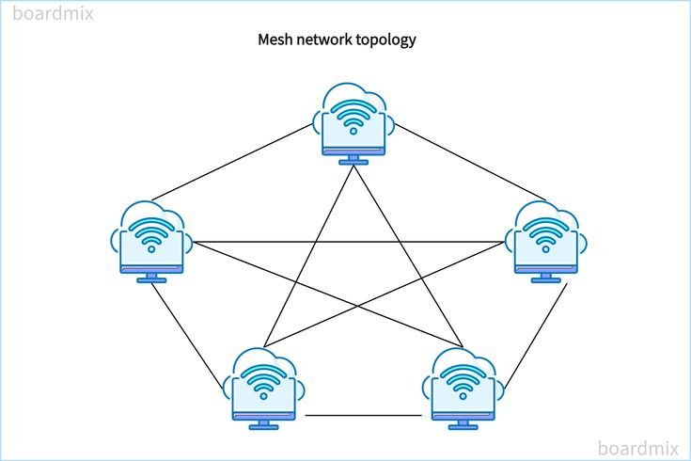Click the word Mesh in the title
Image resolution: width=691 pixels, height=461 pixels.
tap(274, 40)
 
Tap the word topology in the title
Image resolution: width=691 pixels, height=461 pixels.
tap(385, 40)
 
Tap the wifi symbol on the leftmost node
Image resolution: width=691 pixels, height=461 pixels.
tap(151, 238)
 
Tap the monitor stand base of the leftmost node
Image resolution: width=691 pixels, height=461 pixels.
tap(151, 279)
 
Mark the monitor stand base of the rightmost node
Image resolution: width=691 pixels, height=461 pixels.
tap(546, 279)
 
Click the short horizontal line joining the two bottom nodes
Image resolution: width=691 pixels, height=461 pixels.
tap(363, 415)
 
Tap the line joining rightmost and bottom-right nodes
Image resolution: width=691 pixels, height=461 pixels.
tap(537, 337)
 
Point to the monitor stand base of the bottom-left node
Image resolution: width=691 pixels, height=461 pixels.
tap(264, 426)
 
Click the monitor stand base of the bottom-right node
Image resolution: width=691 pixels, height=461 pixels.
tap(462, 426)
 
